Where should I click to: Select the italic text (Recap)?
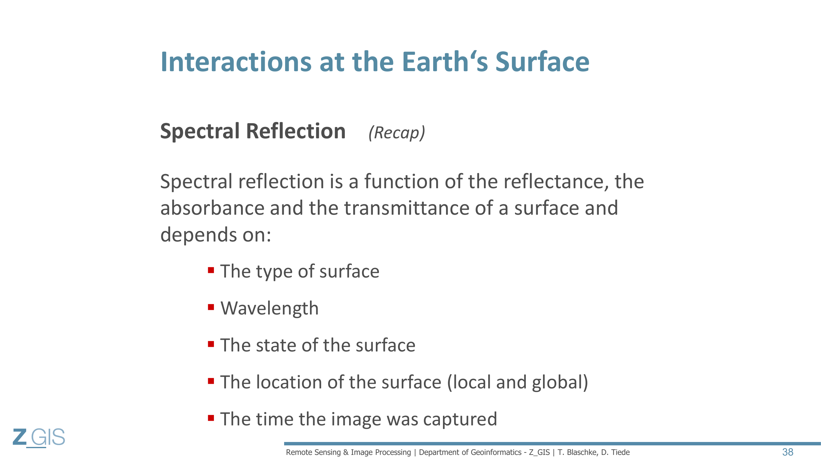click(397, 133)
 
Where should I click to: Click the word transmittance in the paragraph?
click(406, 208)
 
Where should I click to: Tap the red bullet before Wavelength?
click(211, 307)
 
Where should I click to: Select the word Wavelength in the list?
click(270, 308)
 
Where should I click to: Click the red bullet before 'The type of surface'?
click(211, 270)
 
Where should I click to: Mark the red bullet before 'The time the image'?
click(211, 418)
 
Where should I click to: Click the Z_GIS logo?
click(39, 437)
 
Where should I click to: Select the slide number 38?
click(787, 452)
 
